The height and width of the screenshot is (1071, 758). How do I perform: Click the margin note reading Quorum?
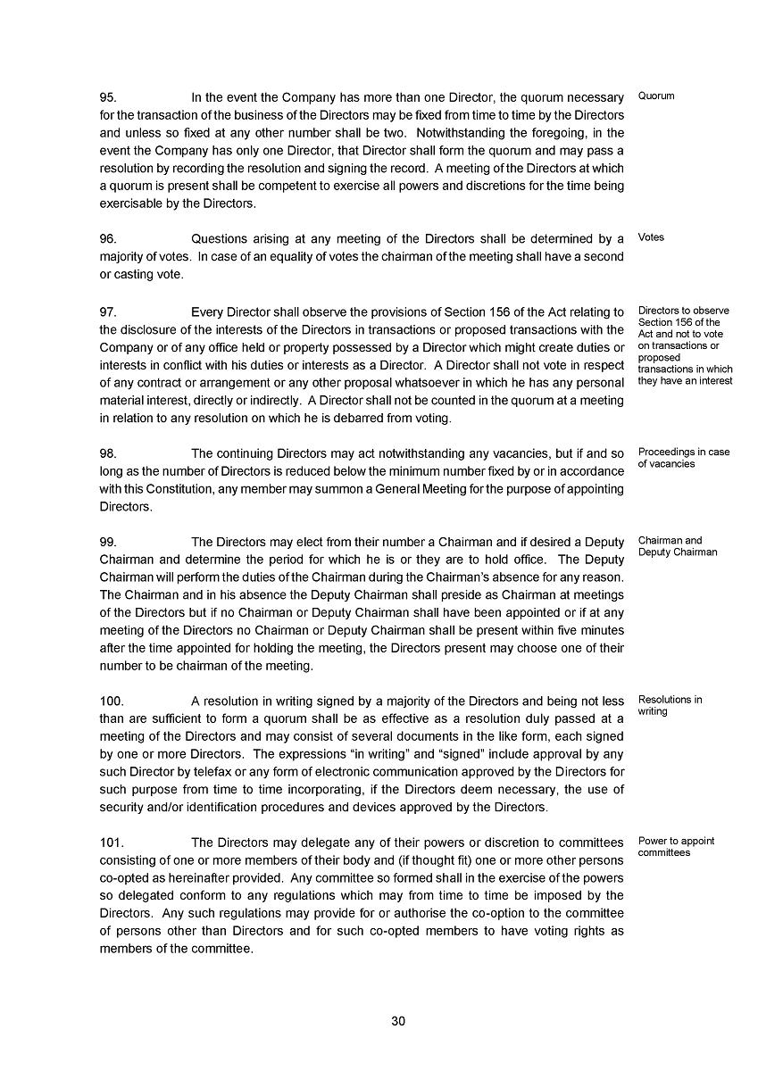coord(656,95)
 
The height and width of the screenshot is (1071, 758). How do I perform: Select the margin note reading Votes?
coord(651,237)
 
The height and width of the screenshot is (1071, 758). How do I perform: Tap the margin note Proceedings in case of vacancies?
coord(683,458)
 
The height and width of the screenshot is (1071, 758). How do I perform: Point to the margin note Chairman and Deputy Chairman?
coord(677,546)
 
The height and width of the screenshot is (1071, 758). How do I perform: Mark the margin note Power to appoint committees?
coord(676,847)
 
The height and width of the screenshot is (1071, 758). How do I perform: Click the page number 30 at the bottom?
coord(398,1022)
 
